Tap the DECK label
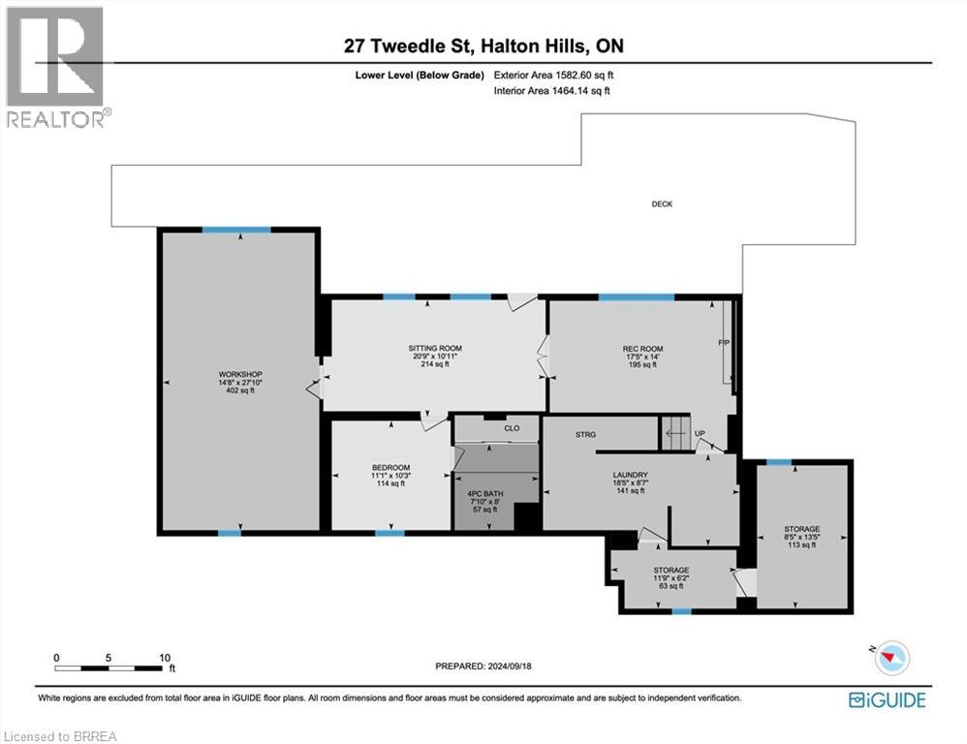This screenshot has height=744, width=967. point(662,204)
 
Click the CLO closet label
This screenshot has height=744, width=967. point(512,428)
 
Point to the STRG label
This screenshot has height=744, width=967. point(586,435)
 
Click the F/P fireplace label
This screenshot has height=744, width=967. point(724,342)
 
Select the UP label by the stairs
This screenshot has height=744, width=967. point(700,434)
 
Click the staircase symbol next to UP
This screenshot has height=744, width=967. point(676,433)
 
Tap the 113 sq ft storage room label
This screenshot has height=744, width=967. point(801,537)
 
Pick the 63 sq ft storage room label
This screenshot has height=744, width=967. point(671,578)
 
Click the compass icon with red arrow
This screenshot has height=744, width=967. point(891,658)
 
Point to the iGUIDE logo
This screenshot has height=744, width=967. point(888,700)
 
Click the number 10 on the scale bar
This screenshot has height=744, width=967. point(165,658)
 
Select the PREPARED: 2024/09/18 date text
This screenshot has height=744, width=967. point(483,666)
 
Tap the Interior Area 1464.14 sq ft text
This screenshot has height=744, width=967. point(552,91)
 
